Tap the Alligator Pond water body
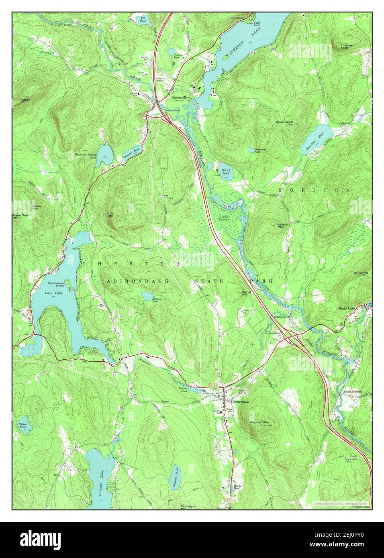(x=147, y=296)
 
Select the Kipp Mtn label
(x=110, y=214)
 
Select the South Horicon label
(x=352, y=391)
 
